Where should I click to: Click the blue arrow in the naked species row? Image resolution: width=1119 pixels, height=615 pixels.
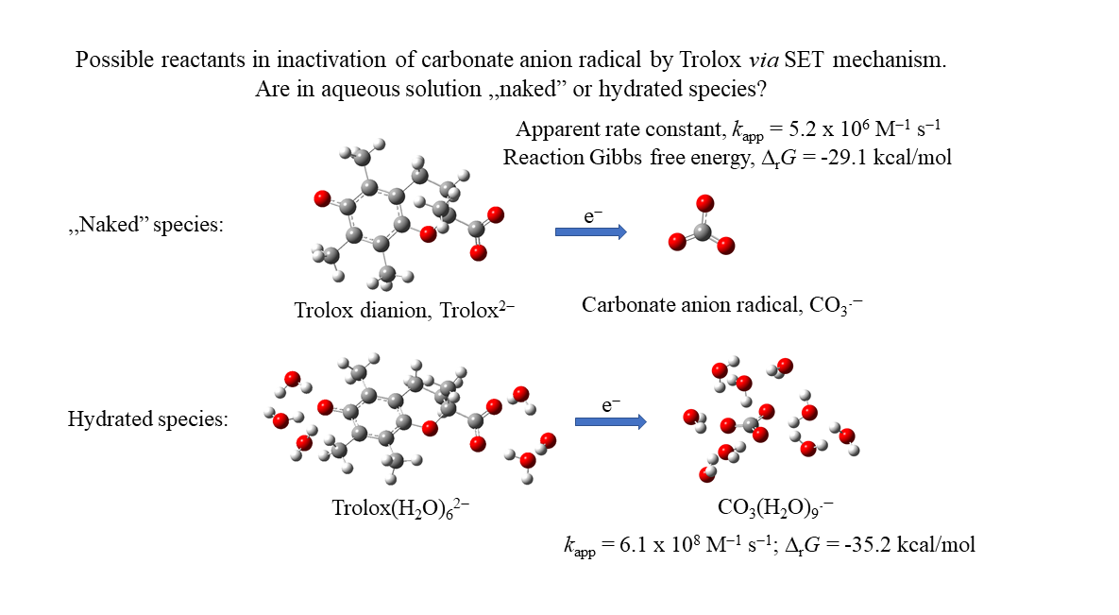click(x=590, y=231)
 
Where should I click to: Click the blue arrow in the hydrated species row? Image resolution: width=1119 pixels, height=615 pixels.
click(x=610, y=421)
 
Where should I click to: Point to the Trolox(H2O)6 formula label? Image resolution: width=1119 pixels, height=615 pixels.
click(x=400, y=508)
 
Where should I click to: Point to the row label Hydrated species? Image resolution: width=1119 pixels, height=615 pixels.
click(x=147, y=419)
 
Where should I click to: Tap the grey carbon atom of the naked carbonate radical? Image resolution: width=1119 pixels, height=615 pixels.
click(x=702, y=231)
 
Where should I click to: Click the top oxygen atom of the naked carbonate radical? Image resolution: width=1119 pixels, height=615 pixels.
click(x=704, y=203)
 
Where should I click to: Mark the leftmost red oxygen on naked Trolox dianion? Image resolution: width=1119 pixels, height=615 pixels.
click(x=321, y=198)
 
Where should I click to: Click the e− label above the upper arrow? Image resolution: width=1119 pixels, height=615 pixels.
click(x=593, y=215)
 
